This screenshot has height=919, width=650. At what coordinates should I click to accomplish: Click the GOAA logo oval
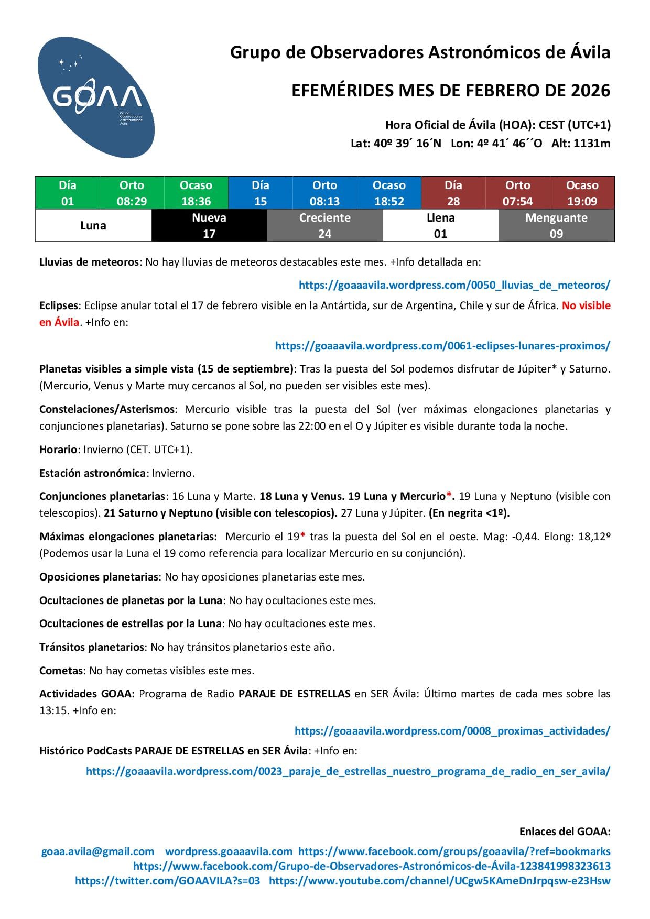coord(96,97)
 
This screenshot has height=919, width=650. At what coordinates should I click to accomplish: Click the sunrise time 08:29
coord(132,201)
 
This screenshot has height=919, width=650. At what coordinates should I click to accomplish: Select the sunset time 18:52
coord(389,201)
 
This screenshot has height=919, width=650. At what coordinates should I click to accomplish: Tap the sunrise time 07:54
coord(517,201)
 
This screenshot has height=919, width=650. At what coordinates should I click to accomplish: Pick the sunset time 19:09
coord(582,201)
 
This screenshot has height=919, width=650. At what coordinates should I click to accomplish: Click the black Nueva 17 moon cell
coord(209,226)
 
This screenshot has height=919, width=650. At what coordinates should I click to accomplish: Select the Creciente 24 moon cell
coord(325,226)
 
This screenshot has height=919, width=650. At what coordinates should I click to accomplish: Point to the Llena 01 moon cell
coord(440,226)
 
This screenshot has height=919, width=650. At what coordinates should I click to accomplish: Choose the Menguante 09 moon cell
coord(556,226)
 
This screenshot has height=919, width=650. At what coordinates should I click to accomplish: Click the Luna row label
coord(93,226)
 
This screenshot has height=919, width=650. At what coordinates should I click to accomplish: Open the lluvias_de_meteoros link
coord(454,285)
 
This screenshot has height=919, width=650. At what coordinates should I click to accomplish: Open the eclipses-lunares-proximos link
coord(442,346)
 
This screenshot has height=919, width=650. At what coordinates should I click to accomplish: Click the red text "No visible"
coord(586,305)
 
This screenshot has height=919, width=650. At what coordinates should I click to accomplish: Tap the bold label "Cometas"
coord(61,671)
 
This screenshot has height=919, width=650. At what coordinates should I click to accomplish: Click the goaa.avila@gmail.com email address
coord(97,851)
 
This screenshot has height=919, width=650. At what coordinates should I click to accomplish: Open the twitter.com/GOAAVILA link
coord(167,881)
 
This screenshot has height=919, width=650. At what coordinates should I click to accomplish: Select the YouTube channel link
coord(439,881)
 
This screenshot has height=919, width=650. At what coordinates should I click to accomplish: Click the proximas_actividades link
coord(452,731)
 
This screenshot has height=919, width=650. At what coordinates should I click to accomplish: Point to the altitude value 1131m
coord(592,144)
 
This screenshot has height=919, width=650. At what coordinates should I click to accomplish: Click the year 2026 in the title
coord(590,91)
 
